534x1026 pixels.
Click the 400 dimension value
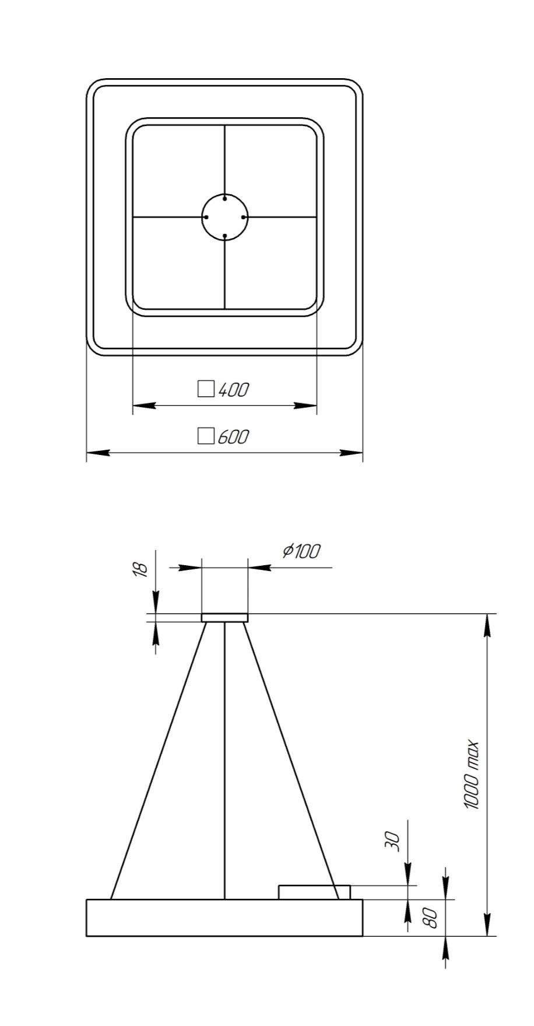233,390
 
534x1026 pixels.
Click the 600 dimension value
233,436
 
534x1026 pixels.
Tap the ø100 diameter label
301,551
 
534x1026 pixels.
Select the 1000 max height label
472,775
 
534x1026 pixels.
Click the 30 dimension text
395,841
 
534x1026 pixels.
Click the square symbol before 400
206,389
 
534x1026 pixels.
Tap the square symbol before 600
206,436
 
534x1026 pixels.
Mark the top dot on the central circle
225,198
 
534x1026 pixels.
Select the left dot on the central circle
206,217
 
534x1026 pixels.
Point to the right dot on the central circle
244,217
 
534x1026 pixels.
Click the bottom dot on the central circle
225,236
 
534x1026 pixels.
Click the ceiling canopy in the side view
225,618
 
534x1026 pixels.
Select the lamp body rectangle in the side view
224,918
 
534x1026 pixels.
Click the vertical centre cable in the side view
225,758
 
